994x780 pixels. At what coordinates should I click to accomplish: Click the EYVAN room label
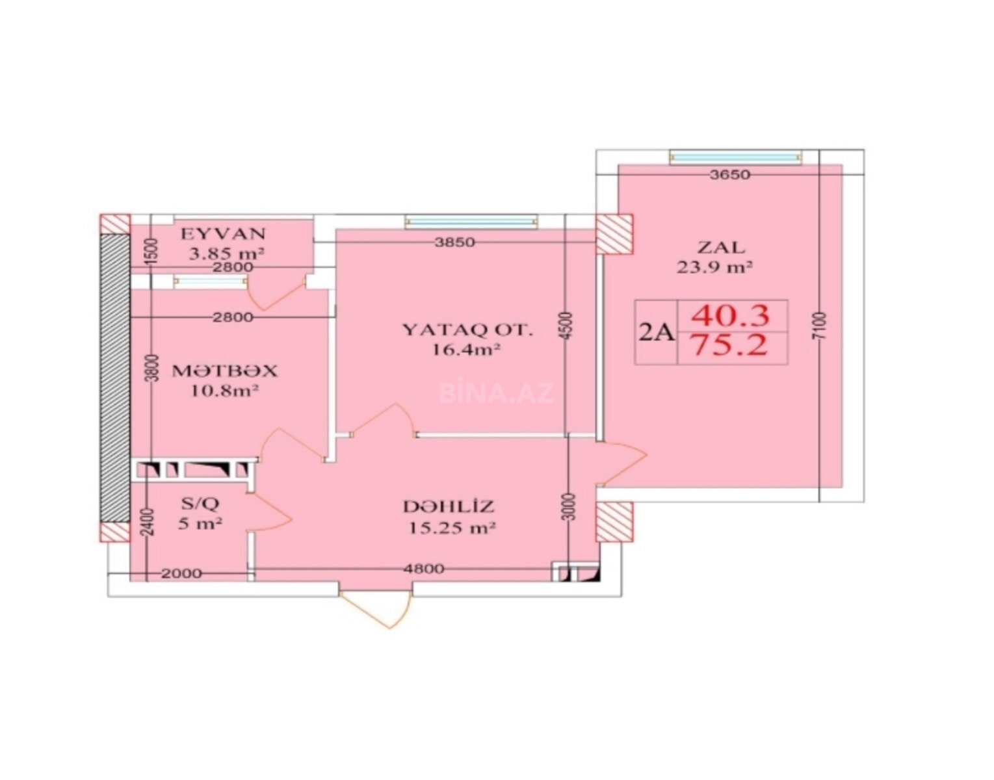(223, 233)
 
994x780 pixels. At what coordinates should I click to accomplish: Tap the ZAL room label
(720, 248)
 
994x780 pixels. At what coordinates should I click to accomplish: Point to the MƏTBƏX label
(224, 370)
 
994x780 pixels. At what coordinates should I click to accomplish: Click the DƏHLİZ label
(449, 506)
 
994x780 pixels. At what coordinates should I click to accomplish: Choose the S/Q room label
(200, 503)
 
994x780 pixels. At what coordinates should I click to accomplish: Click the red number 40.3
(731, 317)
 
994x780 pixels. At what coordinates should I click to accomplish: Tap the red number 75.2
(731, 345)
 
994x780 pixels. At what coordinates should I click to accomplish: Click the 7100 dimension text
(821, 325)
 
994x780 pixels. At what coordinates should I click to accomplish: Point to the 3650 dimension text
(730, 175)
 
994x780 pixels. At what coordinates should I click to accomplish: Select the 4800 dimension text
(423, 569)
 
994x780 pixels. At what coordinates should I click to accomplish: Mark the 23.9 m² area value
(715, 266)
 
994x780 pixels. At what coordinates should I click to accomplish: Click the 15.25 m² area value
(452, 528)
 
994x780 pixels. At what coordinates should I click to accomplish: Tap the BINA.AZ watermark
(496, 393)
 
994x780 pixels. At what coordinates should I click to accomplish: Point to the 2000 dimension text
(181, 573)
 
